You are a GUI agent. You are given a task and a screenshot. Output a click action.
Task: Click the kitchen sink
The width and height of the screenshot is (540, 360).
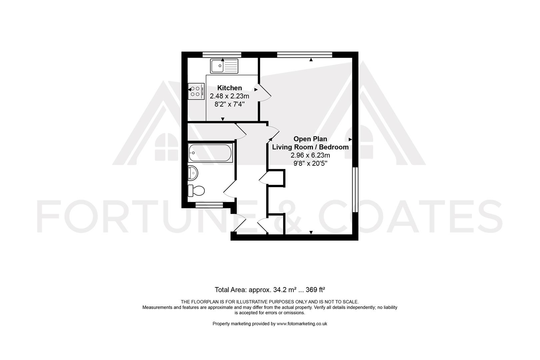click(x=224, y=66)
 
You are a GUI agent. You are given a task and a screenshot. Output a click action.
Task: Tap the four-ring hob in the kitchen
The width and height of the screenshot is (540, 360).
click(x=196, y=91)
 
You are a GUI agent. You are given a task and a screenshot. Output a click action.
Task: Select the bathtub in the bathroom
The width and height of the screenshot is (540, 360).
click(x=210, y=153)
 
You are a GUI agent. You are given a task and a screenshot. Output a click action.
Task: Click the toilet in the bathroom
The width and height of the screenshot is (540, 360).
click(x=196, y=191)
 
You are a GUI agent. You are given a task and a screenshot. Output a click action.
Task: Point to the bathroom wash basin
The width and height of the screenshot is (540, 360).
click(x=193, y=173)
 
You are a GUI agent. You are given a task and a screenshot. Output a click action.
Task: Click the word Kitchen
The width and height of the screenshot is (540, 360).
click(x=229, y=88)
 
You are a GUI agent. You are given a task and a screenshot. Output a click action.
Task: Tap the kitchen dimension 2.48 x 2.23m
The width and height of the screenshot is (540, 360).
click(x=229, y=96)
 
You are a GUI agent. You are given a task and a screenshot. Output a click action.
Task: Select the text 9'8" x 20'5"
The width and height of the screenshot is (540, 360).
click(x=310, y=163)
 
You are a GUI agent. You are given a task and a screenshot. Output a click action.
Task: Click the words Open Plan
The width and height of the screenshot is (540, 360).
click(x=310, y=139)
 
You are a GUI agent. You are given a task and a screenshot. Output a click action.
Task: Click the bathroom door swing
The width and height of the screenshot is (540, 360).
click(x=229, y=190)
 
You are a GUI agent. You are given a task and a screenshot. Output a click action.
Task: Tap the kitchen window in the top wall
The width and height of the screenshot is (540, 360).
click(x=222, y=55)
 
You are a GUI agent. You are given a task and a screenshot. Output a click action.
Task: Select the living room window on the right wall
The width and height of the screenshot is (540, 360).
click(x=355, y=189)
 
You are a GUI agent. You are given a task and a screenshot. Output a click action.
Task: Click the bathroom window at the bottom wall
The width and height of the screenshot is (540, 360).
click(x=209, y=205)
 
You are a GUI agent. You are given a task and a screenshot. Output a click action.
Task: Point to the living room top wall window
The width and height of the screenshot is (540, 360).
click(x=305, y=55)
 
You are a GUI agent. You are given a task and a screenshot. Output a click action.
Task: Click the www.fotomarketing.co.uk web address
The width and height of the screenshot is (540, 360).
click(x=302, y=324)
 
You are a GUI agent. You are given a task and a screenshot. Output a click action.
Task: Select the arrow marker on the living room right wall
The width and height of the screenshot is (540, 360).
click(x=350, y=139)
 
